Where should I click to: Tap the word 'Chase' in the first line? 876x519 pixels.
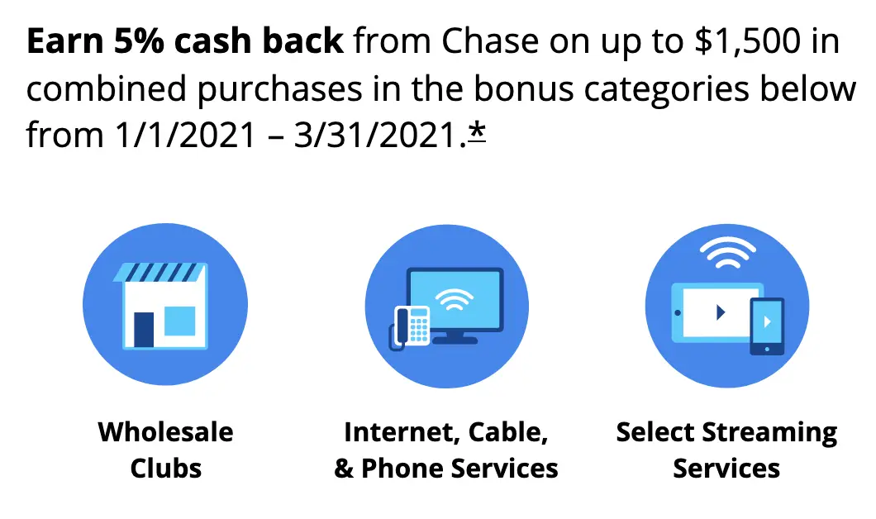(491, 41)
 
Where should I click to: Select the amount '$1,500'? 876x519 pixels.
(748, 42)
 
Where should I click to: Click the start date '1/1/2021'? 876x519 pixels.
(185, 136)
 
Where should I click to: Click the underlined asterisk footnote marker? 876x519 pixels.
(477, 133)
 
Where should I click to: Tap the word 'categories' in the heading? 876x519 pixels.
(666, 90)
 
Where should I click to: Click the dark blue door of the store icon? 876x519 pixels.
(144, 330)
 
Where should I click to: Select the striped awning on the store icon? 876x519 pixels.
(159, 272)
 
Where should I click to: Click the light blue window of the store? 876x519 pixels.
(180, 321)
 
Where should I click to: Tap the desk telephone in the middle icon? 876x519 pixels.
(410, 327)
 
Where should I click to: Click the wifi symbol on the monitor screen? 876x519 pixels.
(455, 299)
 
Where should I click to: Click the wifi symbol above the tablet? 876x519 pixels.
(727, 252)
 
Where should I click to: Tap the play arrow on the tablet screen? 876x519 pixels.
(721, 312)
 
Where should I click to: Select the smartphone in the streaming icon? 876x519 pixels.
(767, 326)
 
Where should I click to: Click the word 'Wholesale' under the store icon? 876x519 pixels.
(165, 432)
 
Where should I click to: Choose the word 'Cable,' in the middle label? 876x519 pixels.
(508, 432)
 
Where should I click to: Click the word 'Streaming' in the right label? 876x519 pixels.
(769, 433)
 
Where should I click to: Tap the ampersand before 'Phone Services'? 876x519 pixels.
(343, 468)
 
